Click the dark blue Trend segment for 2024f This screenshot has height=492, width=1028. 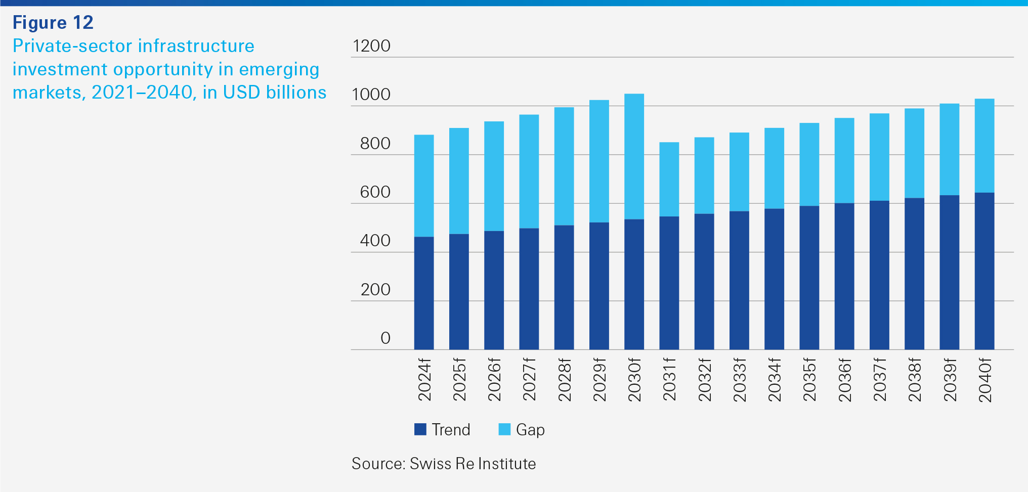click(x=423, y=293)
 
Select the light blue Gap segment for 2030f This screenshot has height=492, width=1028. click(x=634, y=156)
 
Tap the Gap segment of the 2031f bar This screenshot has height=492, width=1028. click(x=669, y=179)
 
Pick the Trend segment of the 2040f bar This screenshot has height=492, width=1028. click(x=984, y=271)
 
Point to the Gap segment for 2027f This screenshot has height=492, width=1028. click(x=529, y=171)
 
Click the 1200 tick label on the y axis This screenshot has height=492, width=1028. click(x=371, y=46)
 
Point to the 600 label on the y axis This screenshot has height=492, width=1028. click(x=375, y=192)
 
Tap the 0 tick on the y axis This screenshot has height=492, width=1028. click(x=385, y=338)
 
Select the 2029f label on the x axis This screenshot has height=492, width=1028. click(x=599, y=380)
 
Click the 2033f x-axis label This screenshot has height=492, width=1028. click(x=739, y=380)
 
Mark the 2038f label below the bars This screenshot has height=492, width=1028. click(x=914, y=380)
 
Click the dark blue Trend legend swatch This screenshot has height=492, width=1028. click(x=420, y=429)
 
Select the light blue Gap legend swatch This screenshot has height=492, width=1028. click(x=504, y=429)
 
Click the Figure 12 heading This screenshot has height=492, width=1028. click(x=53, y=23)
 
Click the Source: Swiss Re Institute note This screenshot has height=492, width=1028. click(x=444, y=464)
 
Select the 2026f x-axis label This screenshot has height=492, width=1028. click(x=494, y=380)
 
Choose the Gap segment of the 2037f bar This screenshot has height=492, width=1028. click(x=879, y=157)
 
